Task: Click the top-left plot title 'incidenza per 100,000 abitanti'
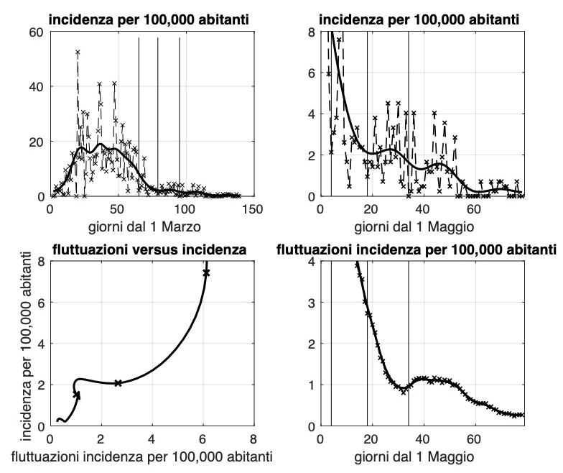click(151, 22)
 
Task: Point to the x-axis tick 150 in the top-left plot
click(252, 208)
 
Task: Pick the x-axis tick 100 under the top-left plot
click(185, 208)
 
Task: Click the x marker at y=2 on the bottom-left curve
click(118, 383)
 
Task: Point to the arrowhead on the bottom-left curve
click(77, 393)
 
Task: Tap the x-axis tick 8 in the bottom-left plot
click(253, 438)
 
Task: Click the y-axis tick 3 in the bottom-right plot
click(312, 303)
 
